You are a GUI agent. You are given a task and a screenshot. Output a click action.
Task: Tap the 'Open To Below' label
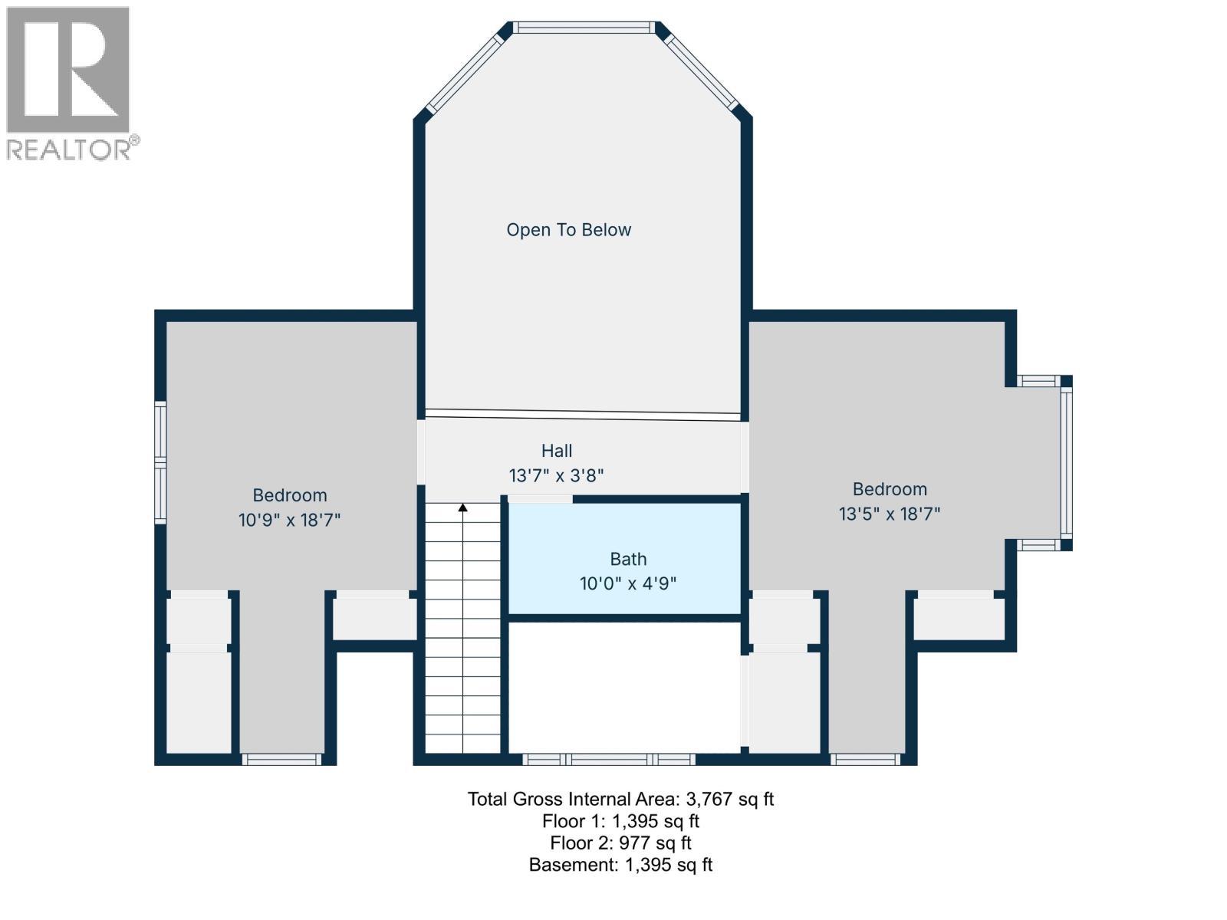coord(568,230)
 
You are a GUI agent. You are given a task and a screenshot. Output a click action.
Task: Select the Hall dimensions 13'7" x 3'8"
coord(557,475)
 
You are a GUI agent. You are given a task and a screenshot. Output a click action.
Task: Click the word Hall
coord(557,451)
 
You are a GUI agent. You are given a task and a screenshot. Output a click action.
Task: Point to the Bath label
coord(628,559)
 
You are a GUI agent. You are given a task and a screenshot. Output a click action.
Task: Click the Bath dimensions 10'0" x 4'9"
coord(628,583)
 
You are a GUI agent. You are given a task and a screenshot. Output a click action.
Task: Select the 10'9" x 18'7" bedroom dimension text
coord(289,520)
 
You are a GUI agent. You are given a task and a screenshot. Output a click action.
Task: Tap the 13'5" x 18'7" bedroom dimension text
coord(890,514)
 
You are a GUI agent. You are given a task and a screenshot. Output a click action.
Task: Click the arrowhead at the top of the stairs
coord(463,508)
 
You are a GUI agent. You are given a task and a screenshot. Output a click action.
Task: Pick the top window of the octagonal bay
coord(584,28)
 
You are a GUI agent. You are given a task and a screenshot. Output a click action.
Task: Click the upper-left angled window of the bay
coord(464,74)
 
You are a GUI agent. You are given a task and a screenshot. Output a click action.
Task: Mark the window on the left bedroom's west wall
coord(160,462)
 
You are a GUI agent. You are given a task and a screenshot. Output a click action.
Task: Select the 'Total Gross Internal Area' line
coord(620,799)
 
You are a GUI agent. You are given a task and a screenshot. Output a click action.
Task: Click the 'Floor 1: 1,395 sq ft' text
coord(620,821)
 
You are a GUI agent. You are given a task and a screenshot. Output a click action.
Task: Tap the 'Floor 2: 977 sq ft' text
coord(620,843)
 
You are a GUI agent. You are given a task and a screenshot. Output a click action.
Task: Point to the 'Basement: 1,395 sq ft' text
coord(620,865)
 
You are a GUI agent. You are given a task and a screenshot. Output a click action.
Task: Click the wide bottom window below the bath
coord(609,760)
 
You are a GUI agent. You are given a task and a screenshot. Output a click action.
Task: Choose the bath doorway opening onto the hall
coord(540,499)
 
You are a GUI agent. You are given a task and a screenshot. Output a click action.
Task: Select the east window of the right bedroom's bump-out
coord(1066,462)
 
